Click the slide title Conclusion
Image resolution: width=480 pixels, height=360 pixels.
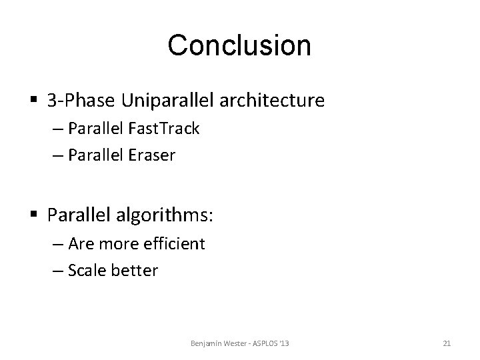pyautogui.click(x=239, y=45)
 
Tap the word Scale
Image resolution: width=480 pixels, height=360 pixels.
pyautogui.click(x=87, y=271)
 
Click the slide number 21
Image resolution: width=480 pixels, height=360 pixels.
pyautogui.click(x=447, y=343)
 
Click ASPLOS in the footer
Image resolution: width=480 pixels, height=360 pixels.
pyautogui.click(x=265, y=343)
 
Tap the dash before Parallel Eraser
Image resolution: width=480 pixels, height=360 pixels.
pyautogui.click(x=55, y=156)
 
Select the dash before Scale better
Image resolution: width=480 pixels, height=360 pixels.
pyautogui.click(x=55, y=271)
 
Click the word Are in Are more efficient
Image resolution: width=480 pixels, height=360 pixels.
pyautogui.click(x=81, y=244)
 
